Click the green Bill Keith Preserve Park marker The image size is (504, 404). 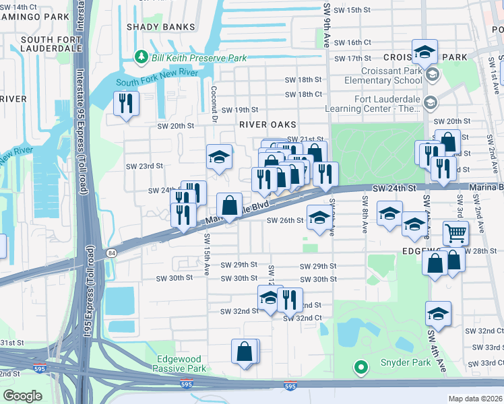(141, 59)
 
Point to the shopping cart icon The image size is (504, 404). (455, 234)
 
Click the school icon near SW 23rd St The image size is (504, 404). (219, 158)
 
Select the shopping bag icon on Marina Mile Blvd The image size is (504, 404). (230, 205)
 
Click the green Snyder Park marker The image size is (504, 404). (361, 367)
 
